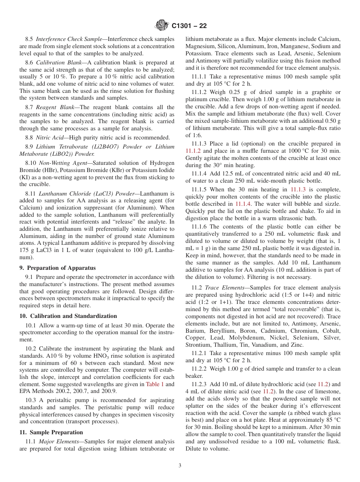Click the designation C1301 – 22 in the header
[189, 26]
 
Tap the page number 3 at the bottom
[180, 466]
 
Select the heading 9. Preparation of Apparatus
[57, 268]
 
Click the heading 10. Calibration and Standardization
[68, 316]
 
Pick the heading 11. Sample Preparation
[51, 432]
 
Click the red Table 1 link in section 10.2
[155, 384]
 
